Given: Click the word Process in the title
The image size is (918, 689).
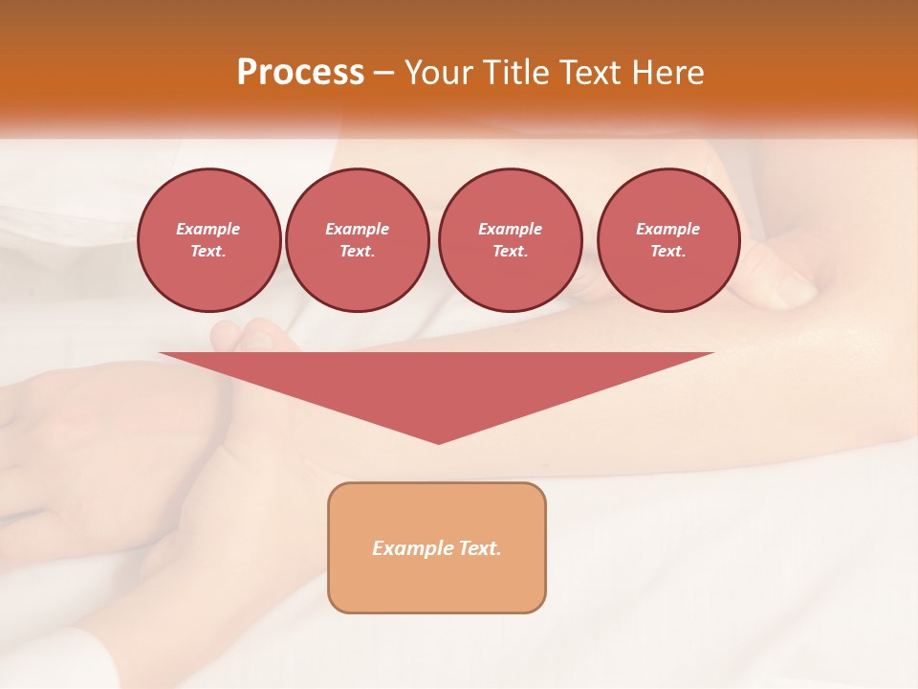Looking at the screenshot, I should point(300,73).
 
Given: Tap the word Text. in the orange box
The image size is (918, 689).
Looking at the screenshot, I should point(478,548).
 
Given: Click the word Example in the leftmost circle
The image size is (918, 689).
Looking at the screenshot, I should point(208,229).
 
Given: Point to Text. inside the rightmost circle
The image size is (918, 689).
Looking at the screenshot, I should point(667,251).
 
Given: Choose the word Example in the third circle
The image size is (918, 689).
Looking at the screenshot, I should point(510,229).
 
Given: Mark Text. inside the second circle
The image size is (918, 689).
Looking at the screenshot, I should point(357,251).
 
